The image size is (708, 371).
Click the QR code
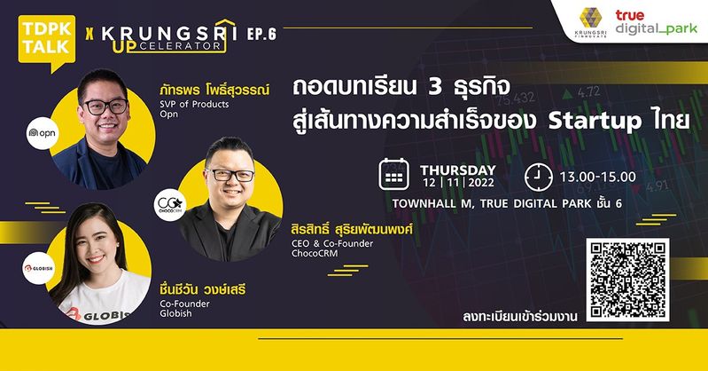click(627, 280)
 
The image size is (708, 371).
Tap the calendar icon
click(393, 174)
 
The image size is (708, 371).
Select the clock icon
click(539, 177)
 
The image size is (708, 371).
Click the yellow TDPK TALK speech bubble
click(46, 43)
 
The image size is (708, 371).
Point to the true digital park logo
click(656, 22)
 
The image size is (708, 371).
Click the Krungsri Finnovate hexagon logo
click(590, 21)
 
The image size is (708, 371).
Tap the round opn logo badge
click(43, 133)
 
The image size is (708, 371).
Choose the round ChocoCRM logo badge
click(170, 204)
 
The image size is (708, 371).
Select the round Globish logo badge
click(39, 268)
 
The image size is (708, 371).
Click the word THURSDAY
click(458, 170)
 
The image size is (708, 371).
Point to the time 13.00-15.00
click(598, 177)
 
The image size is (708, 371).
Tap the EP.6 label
click(261, 34)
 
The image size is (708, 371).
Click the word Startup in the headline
click(595, 122)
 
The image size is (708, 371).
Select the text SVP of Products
click(194, 104)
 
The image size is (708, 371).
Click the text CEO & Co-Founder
click(332, 243)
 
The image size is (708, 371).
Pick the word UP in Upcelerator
click(125, 47)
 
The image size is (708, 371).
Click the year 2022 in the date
click(481, 183)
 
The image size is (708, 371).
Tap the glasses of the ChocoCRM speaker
click(230, 175)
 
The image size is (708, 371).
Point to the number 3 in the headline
click(434, 86)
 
